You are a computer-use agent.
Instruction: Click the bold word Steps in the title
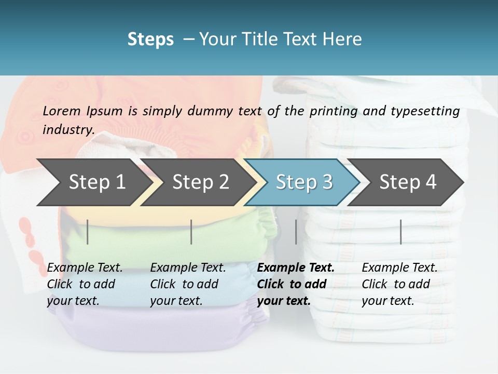[150, 39]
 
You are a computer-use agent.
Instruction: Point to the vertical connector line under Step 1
[88, 232]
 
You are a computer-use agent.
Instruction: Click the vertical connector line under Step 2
[191, 232]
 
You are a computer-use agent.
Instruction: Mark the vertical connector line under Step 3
[296, 232]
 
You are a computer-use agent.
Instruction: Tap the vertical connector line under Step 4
[400, 232]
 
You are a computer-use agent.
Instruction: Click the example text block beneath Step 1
[85, 284]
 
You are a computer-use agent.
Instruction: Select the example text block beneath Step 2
[188, 284]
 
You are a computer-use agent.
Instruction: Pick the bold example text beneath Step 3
[296, 284]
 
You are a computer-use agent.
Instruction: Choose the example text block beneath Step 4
[399, 284]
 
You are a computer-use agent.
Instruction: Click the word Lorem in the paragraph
[62, 111]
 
